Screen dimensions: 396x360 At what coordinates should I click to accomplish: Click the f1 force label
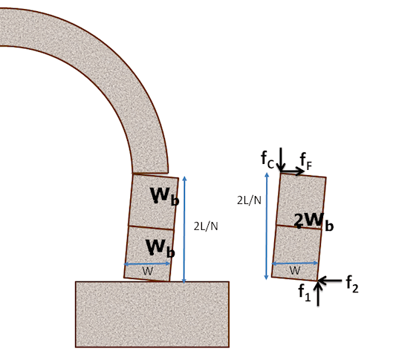pos(305,292)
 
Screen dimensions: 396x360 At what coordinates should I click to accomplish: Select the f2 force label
pos(352,284)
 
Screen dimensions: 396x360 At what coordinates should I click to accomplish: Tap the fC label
pos(267,160)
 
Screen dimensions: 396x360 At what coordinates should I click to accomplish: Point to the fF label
pos(306,162)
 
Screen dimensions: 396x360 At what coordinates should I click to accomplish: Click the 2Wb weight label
pos(314,222)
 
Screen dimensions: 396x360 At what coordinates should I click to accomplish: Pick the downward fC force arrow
pos(281,160)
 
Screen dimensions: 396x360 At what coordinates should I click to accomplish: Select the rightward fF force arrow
pos(292,171)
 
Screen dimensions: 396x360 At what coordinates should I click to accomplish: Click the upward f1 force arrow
pos(318,293)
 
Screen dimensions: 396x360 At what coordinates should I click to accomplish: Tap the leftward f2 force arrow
pos(330,280)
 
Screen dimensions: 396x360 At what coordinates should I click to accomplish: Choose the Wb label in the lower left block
pos(160,248)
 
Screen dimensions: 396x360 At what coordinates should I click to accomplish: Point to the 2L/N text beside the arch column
pos(206,226)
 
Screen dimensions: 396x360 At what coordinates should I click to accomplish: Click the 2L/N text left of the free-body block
pos(249,200)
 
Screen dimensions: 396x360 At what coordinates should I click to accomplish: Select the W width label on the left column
pos(148,271)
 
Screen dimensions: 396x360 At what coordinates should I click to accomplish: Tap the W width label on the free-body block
pos(295,270)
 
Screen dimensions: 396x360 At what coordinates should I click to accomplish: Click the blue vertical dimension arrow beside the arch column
pos(184,229)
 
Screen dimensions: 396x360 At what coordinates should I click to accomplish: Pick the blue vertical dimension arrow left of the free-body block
pos(267,226)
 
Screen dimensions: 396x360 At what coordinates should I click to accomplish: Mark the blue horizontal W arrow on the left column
pos(147,264)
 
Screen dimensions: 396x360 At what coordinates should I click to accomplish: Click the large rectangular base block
pos(152,314)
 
